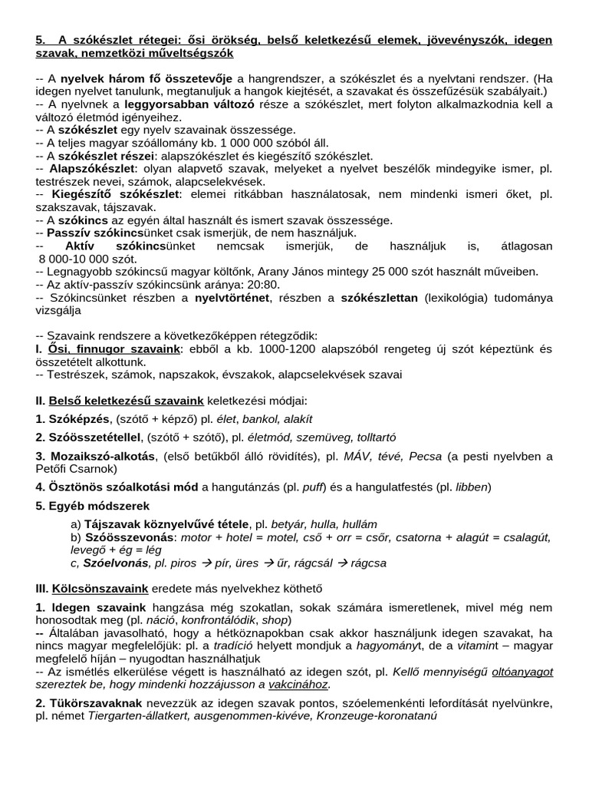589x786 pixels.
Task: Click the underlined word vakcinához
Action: pyautogui.click(x=297, y=685)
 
